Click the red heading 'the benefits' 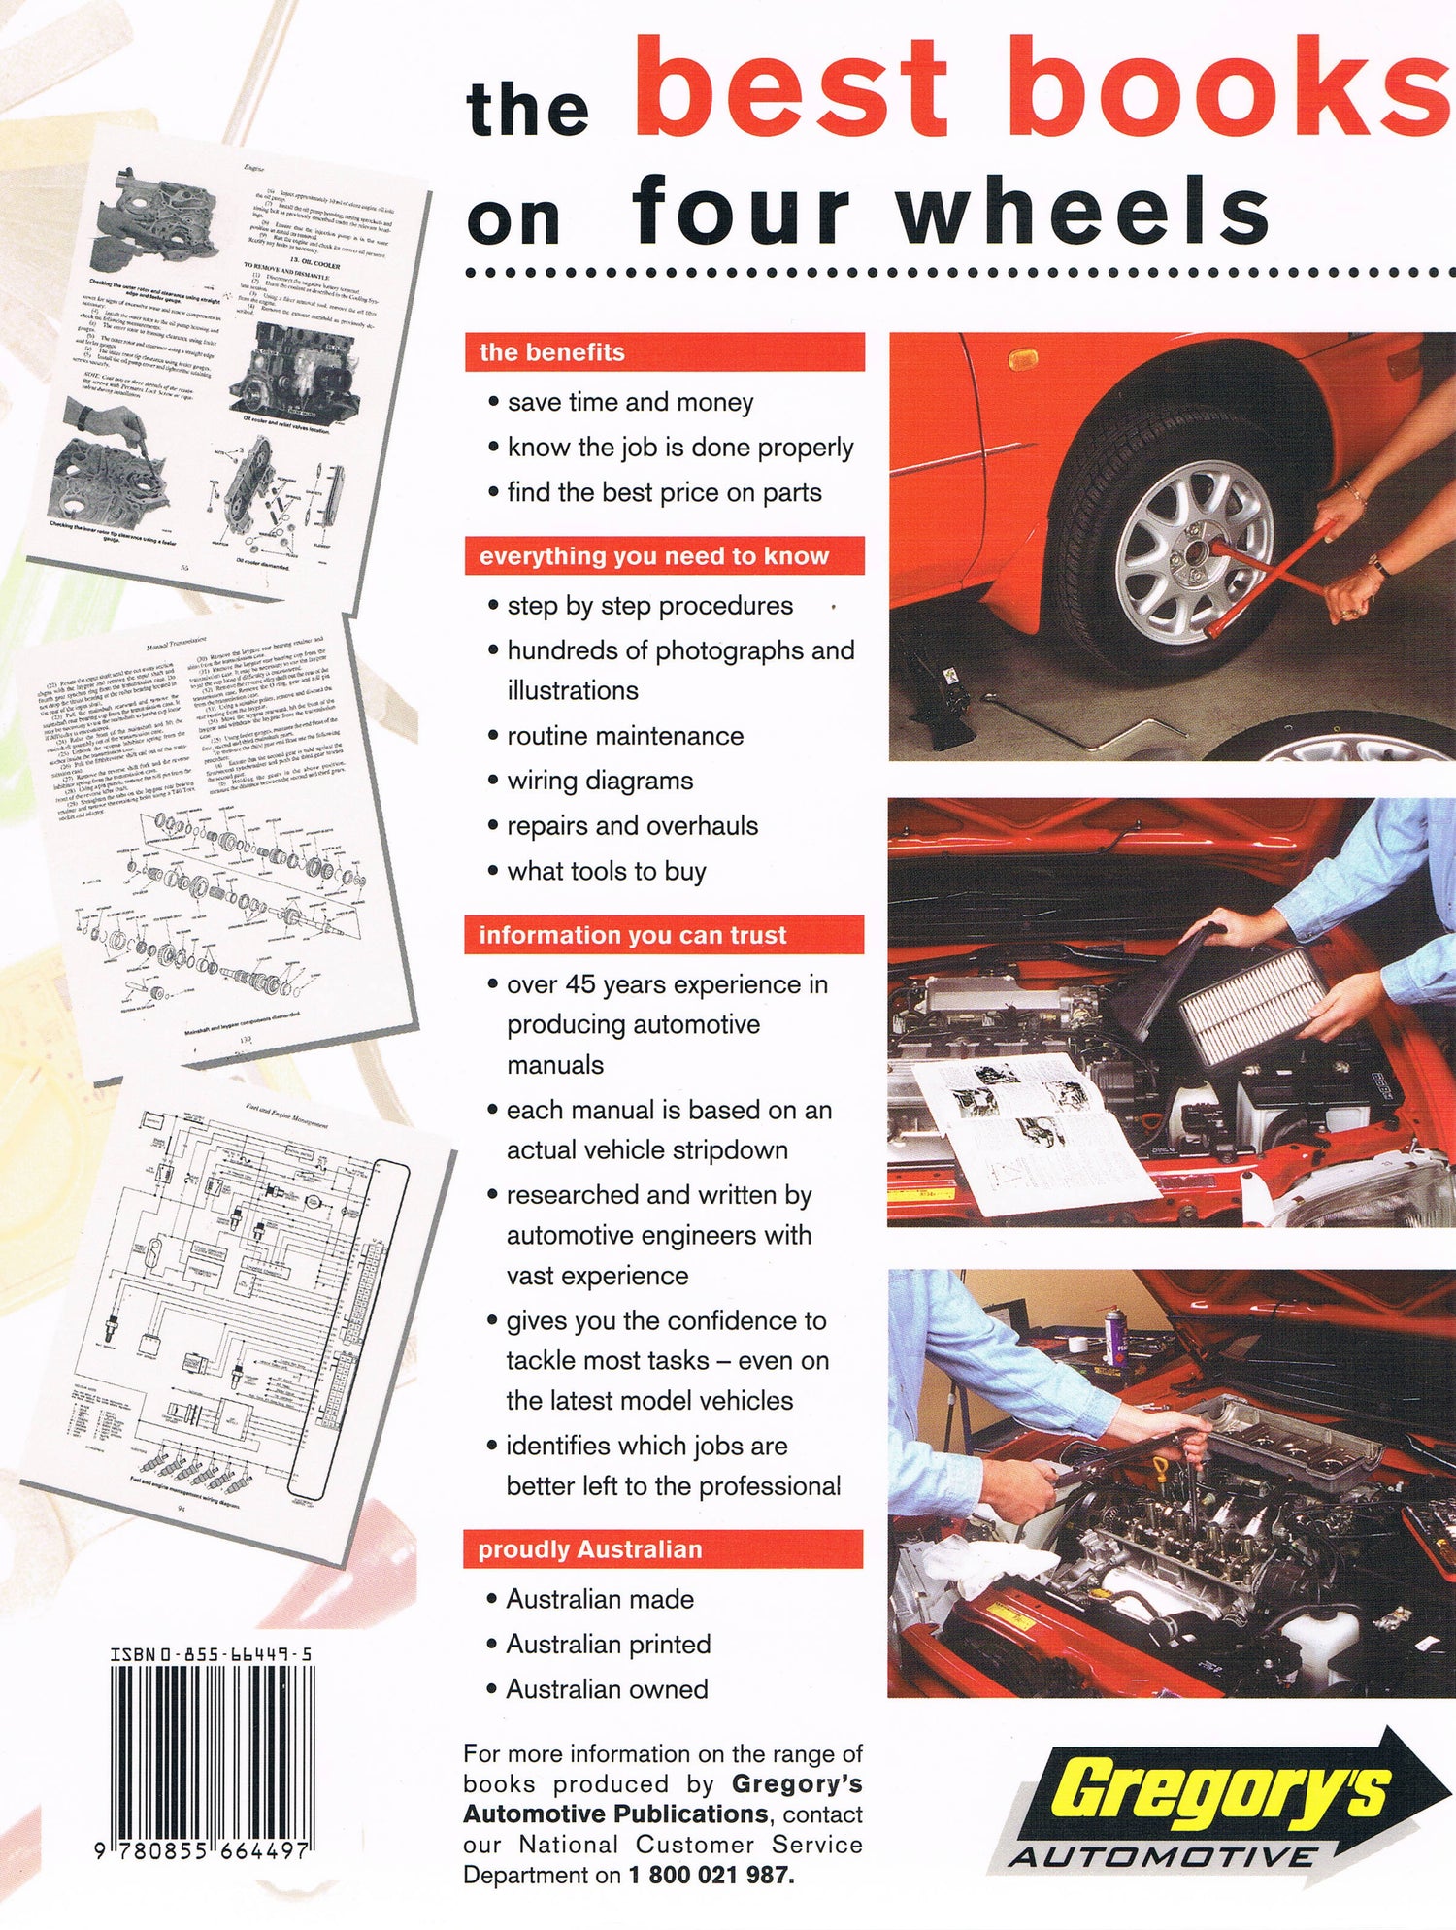[552, 351]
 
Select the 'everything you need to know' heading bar [653, 556]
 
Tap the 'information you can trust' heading [632, 935]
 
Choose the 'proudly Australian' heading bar [589, 1549]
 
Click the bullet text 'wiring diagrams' [600, 781]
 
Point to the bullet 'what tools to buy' [606, 871]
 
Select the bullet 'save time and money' [630, 402]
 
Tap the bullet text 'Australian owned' [607, 1689]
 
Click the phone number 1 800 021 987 [711, 1875]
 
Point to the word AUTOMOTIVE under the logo [1161, 1857]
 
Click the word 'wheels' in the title [1082, 212]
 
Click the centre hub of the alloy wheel [1193, 550]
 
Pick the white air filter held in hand [1253, 1005]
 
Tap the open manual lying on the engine [1029, 1131]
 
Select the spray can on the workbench [1116, 1337]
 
